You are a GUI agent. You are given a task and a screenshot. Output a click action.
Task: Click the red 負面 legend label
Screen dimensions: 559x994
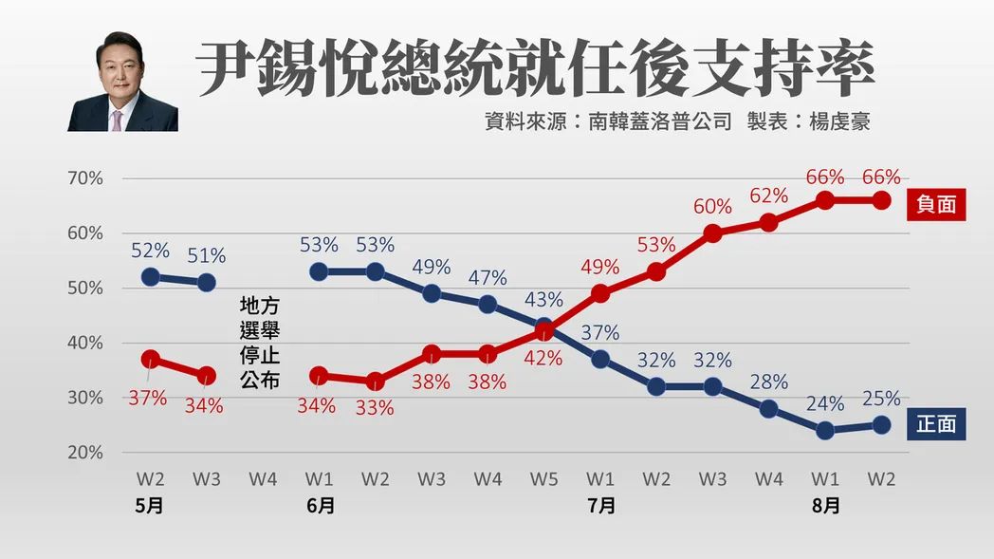[936, 205]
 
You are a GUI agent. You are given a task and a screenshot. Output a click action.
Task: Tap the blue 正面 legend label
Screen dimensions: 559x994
[936, 424]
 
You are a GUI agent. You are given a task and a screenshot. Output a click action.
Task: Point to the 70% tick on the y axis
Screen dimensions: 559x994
[85, 178]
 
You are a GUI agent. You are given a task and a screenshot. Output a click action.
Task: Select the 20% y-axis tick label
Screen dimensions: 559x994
[85, 452]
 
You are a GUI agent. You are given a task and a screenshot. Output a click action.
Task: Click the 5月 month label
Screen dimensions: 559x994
[149, 507]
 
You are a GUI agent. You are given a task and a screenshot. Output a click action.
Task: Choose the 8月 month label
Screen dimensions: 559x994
[825, 507]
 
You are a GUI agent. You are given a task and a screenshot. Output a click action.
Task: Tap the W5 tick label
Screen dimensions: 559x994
[543, 479]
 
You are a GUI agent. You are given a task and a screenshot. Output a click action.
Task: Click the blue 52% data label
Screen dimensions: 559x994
[150, 252]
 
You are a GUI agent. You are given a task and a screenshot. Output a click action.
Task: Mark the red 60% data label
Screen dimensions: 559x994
[712, 207]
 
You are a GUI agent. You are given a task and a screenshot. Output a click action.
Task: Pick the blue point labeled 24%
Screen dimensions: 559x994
[825, 430]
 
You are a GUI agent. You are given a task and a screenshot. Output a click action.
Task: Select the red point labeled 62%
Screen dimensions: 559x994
[769, 223]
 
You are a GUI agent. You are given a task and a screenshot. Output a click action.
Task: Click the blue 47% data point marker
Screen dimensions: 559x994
[488, 305]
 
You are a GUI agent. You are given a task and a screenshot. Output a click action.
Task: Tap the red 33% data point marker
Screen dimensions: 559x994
[376, 382]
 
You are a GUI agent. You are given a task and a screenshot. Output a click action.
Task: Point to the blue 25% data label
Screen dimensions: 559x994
[881, 399]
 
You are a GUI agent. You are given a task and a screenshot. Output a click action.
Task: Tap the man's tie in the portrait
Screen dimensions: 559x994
[118, 120]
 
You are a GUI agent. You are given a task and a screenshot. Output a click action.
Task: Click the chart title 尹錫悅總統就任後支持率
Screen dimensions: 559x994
[535, 68]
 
